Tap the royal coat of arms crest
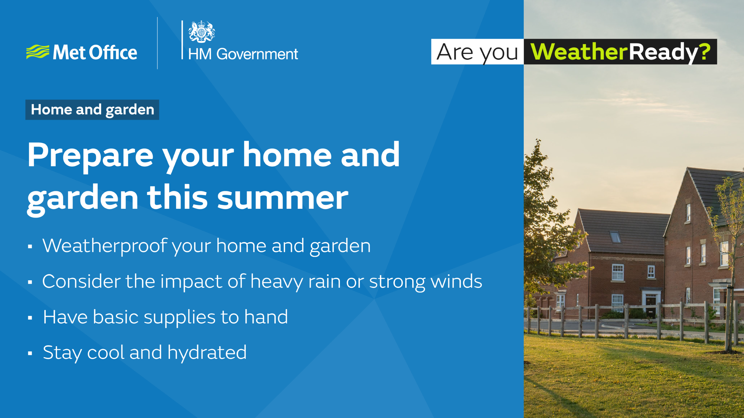202,32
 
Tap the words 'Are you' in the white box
477,52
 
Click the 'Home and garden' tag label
92,110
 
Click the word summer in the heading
283,198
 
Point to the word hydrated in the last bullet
207,353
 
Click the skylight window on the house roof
615,237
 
